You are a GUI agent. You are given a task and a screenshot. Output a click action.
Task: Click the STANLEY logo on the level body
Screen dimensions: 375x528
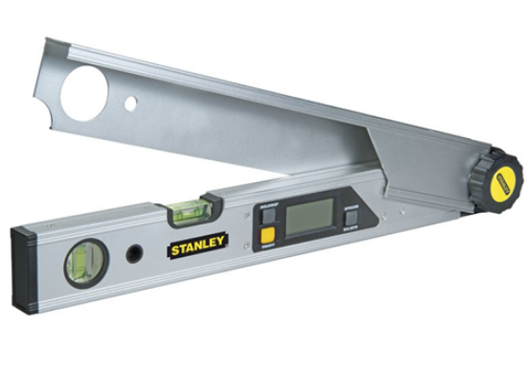coord(199,246)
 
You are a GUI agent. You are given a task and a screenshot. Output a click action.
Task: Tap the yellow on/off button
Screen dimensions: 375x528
coord(266,233)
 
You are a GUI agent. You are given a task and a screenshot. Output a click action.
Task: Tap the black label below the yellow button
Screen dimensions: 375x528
coord(266,246)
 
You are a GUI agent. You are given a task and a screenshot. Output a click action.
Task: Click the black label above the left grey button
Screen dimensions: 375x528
coord(266,208)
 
